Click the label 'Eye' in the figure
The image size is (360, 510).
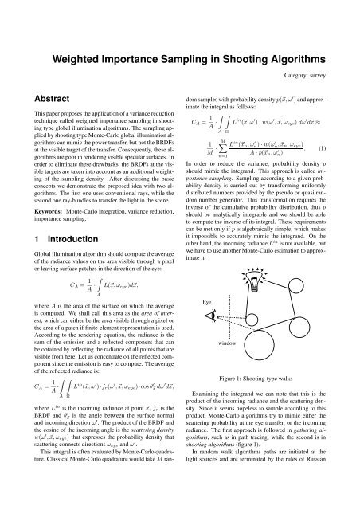(205, 303)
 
